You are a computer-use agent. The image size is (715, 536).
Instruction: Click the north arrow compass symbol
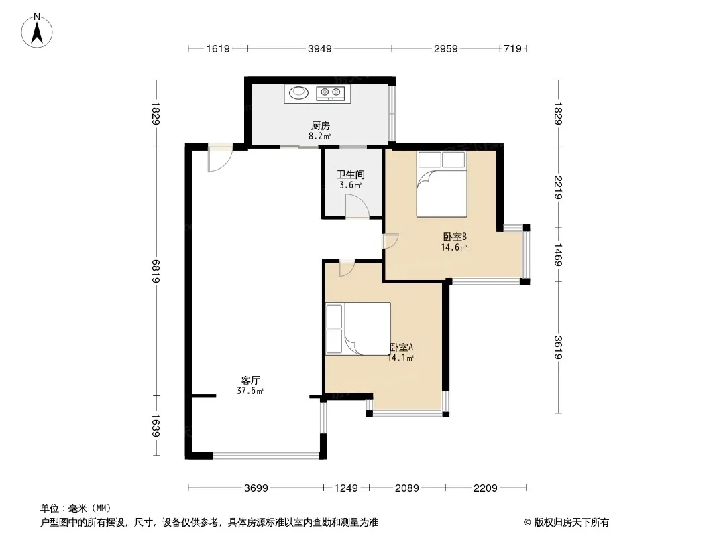click(37, 31)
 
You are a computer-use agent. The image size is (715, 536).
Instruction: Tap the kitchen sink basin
click(298, 92)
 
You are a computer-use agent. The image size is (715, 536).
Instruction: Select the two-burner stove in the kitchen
click(330, 93)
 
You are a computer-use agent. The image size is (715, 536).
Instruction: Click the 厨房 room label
click(320, 126)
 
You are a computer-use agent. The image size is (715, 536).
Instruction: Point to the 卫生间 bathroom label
click(350, 174)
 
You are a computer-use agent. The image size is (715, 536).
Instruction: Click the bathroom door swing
click(357, 206)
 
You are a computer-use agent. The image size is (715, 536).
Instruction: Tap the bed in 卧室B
click(441, 184)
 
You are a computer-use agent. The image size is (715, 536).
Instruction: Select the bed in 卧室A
click(358, 328)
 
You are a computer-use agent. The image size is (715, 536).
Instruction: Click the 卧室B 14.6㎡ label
click(454, 242)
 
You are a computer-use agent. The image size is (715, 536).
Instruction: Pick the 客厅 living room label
click(250, 380)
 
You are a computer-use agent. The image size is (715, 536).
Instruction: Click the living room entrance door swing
click(220, 158)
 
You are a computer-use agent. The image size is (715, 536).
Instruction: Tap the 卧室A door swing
click(347, 268)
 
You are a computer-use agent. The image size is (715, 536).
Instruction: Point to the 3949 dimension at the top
click(320, 48)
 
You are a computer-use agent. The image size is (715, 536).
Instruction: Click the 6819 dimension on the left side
click(156, 271)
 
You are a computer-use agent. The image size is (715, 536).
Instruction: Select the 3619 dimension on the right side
click(558, 348)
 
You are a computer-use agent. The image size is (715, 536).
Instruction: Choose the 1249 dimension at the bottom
click(346, 488)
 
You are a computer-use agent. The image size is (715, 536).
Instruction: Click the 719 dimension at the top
click(512, 48)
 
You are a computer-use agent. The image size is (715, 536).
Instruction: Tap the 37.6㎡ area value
click(250, 391)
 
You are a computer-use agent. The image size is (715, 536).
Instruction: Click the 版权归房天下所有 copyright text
click(571, 523)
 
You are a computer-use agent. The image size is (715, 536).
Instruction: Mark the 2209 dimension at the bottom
click(485, 488)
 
